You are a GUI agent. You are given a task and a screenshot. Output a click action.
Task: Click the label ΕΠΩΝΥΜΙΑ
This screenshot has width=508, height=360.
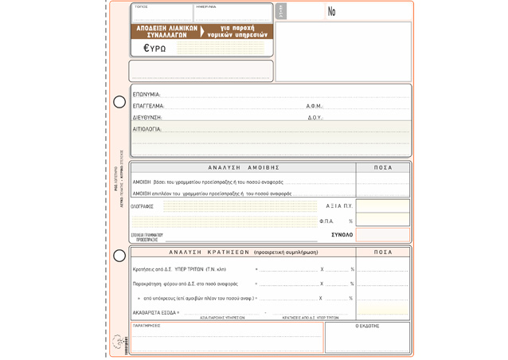(x=147, y=95)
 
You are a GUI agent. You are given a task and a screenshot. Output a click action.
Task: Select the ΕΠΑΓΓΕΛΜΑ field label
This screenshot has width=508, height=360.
(x=148, y=106)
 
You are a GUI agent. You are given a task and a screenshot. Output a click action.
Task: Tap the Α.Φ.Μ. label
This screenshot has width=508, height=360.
(x=315, y=106)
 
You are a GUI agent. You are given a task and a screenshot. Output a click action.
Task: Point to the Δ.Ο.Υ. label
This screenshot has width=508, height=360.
(x=315, y=118)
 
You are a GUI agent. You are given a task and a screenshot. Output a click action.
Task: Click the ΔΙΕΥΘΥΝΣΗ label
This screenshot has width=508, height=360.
(x=147, y=118)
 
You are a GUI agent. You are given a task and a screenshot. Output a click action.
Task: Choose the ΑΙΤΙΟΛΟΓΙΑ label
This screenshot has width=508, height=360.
(x=147, y=129)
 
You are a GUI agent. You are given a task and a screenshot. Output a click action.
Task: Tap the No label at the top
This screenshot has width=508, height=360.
(x=331, y=12)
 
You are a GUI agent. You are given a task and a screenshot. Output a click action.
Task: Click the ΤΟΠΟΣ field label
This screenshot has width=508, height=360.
(x=141, y=7)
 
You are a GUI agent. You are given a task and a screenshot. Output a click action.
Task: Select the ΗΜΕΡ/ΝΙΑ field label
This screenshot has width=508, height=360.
(x=206, y=7)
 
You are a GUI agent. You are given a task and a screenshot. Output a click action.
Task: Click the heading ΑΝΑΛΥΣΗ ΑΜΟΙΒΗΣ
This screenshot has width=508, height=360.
(x=244, y=168)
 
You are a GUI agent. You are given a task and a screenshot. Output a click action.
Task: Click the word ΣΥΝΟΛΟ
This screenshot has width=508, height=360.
(x=342, y=235)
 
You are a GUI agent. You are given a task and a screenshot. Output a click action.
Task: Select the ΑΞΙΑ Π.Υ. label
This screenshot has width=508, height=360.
(x=338, y=206)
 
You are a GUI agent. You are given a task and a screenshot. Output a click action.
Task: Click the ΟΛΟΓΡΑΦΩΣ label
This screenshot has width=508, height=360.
(x=142, y=207)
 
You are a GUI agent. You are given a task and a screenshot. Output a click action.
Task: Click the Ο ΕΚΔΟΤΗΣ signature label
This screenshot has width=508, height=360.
(x=367, y=327)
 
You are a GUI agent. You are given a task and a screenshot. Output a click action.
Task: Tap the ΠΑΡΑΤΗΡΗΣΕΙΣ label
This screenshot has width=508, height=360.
(x=147, y=326)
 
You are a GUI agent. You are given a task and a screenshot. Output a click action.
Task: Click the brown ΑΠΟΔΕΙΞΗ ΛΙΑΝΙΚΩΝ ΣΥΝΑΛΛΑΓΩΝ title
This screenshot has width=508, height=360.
(x=166, y=32)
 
